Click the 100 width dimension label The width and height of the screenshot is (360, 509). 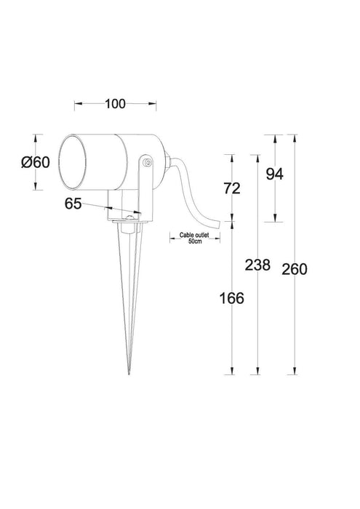(x=114, y=103)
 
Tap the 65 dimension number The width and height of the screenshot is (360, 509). (x=73, y=204)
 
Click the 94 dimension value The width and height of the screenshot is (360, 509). (x=274, y=173)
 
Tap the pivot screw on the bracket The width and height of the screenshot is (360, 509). (x=146, y=164)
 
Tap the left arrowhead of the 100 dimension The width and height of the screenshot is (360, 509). (x=76, y=103)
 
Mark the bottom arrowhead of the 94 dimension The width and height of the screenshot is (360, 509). (x=275, y=220)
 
